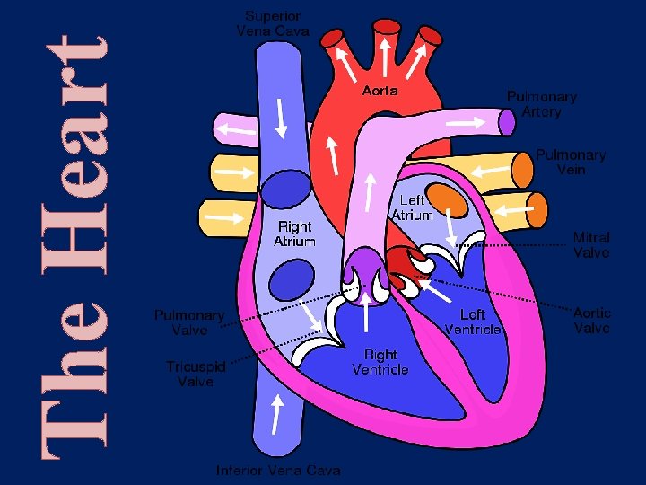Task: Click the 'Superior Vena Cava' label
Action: pyautogui.click(x=273, y=23)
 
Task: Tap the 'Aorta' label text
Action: pyautogui.click(x=380, y=91)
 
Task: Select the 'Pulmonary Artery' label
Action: pyautogui.click(x=541, y=104)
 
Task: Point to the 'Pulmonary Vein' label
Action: pyautogui.click(x=571, y=162)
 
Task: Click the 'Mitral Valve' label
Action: pyautogui.click(x=591, y=245)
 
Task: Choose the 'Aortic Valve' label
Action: pyautogui.click(x=591, y=321)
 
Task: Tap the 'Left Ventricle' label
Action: pyautogui.click(x=473, y=322)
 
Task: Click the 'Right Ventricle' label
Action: pyautogui.click(x=380, y=362)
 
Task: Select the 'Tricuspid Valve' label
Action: pyautogui.click(x=195, y=374)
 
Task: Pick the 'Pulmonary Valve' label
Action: pyautogui.click(x=188, y=322)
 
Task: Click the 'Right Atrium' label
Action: pyautogui.click(x=294, y=234)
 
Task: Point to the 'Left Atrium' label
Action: pyautogui.click(x=413, y=207)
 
